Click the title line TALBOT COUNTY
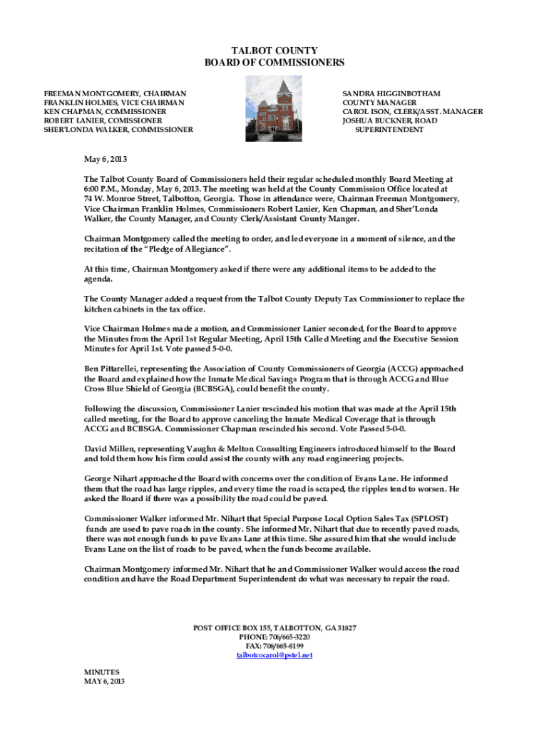274,51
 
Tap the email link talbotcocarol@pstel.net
274,654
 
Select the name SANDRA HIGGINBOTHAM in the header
391,93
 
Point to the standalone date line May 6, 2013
106,158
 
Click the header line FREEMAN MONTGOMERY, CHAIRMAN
116,93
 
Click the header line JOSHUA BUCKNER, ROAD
390,120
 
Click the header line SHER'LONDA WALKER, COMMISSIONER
118,130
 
